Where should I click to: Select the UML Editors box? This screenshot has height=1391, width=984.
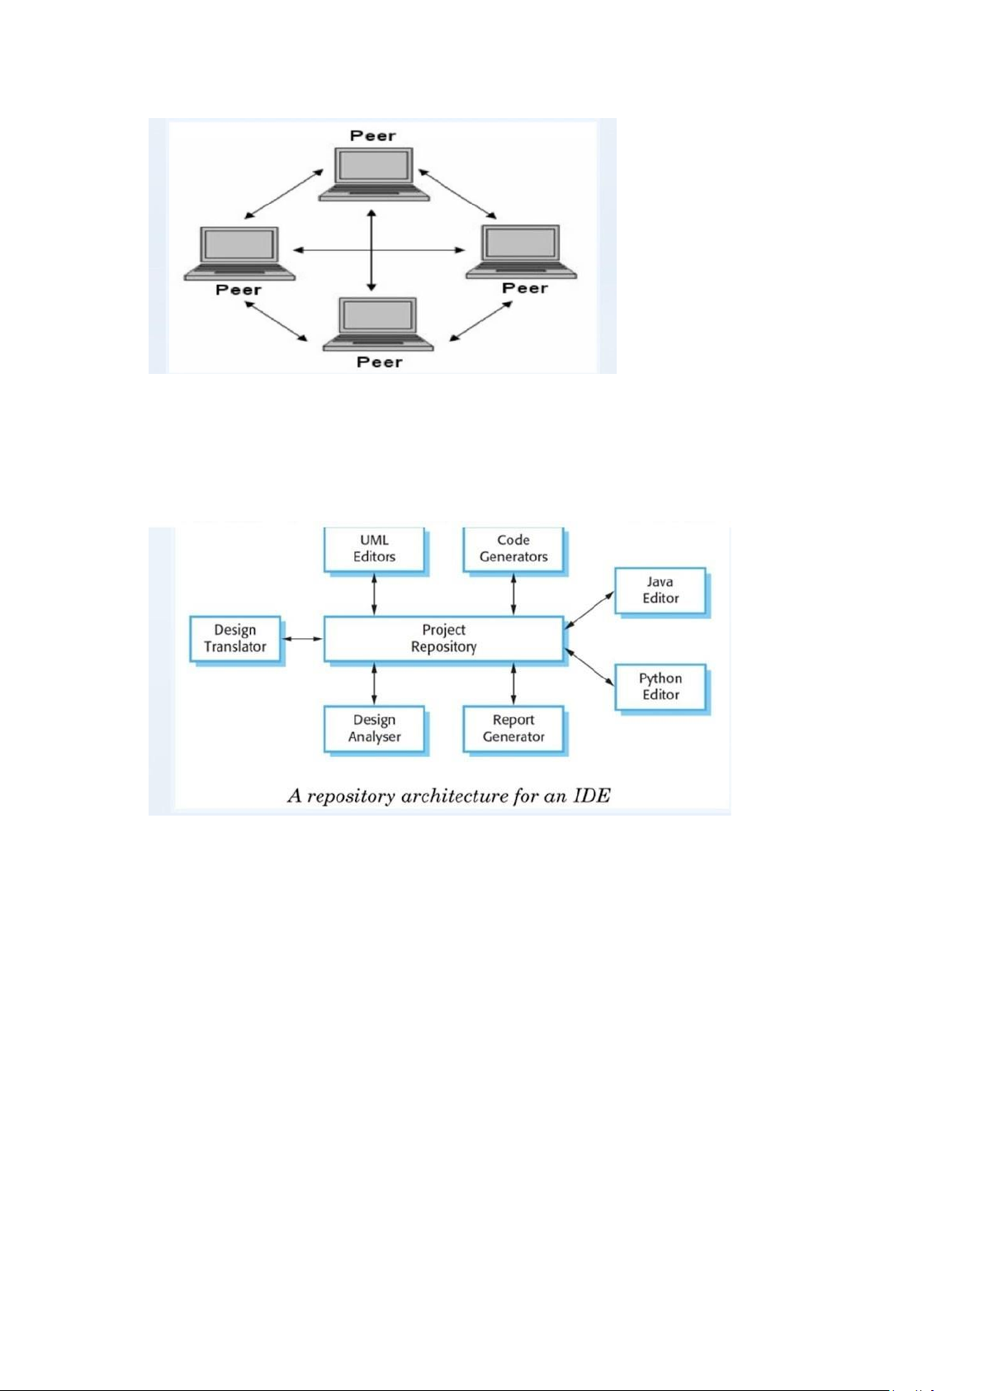coord(374,549)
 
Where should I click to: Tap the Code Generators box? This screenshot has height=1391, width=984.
coord(513,549)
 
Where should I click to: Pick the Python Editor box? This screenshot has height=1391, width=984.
coord(660,687)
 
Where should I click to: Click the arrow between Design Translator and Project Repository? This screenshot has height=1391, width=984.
coord(303,638)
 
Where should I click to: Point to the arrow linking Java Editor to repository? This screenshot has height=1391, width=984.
coord(589,610)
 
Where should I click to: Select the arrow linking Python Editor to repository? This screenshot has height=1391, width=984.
coord(589,668)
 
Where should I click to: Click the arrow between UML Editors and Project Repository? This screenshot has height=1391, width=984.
coord(374,594)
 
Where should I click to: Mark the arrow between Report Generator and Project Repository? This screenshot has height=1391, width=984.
coord(513,684)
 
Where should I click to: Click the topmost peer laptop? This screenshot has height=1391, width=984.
coord(374,174)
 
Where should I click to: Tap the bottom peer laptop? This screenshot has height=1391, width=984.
coord(377,324)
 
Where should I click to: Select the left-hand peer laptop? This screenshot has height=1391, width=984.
coord(239,253)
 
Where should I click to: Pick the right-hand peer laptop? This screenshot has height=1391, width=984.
coord(522,252)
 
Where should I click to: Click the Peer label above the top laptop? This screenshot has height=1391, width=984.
coord(372,135)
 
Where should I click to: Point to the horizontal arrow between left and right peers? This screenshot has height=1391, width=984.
coord(379,250)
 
